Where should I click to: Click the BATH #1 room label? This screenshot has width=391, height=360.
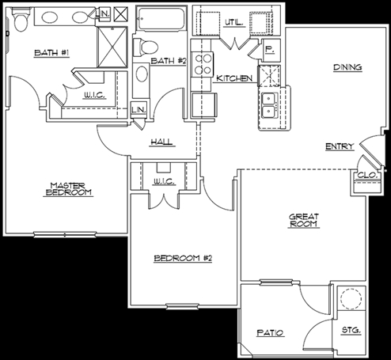click(x=51, y=53)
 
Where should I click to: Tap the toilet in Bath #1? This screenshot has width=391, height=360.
click(x=21, y=19)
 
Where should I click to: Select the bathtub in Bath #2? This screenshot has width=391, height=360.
click(x=161, y=18)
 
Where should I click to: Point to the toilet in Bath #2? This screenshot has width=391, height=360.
click(x=145, y=47)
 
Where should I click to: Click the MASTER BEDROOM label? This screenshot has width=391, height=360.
click(x=68, y=189)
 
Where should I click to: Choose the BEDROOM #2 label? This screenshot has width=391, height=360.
click(x=183, y=258)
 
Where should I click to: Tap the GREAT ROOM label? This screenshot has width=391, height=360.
click(x=303, y=220)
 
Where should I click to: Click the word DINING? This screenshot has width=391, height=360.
click(x=347, y=67)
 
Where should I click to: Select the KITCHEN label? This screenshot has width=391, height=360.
click(x=234, y=78)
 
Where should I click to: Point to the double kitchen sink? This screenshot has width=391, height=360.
click(x=269, y=105)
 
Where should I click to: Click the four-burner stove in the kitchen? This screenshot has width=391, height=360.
click(x=202, y=64)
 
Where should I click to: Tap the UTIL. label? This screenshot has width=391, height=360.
click(x=233, y=23)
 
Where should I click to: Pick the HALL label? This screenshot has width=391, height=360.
click(x=161, y=142)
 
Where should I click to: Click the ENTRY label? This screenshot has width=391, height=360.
click(x=339, y=146)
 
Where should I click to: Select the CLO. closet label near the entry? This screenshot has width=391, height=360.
click(x=367, y=175)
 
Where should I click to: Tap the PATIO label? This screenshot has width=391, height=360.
click(x=270, y=333)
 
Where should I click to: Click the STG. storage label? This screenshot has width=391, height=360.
click(x=351, y=330)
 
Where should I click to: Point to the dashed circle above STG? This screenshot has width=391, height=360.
click(x=351, y=298)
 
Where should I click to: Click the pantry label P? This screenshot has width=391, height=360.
click(x=269, y=49)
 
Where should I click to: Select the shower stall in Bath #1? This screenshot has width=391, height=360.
click(x=112, y=47)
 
